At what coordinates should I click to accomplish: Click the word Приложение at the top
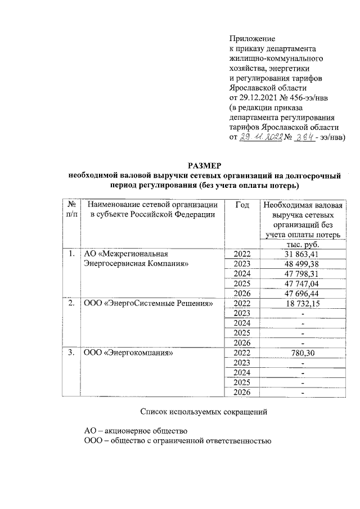tap(252, 39)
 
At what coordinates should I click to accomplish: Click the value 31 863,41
tap(301, 254)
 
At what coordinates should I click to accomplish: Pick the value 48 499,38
tap(301, 264)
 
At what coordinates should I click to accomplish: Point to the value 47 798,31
tap(301, 274)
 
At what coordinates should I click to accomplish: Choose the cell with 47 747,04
tap(301, 285)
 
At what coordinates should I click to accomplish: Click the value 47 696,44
tap(301, 295)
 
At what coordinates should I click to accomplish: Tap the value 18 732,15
tap(301, 304)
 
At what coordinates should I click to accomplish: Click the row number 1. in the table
tap(71, 254)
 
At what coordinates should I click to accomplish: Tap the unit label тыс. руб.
tap(302, 245)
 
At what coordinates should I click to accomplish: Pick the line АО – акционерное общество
tap(136, 431)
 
